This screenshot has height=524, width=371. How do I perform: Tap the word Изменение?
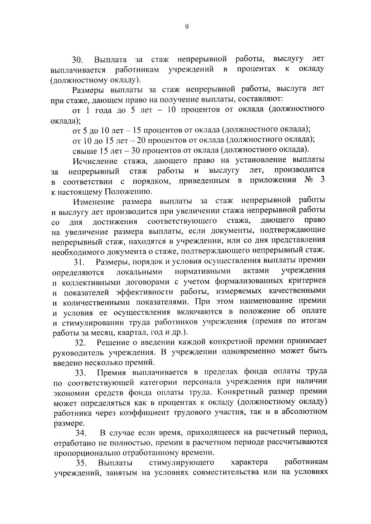(94, 202)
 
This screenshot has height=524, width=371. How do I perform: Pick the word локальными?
(139, 272)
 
